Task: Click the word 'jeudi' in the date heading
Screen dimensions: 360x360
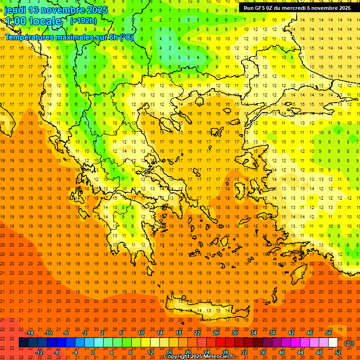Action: click(x=15, y=10)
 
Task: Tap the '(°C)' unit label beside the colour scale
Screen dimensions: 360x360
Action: click(x=349, y=343)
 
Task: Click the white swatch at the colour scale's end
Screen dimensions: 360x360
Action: click(x=333, y=343)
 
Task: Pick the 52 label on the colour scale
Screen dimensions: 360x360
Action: click(x=338, y=352)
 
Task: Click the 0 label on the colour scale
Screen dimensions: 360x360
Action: click(x=93, y=352)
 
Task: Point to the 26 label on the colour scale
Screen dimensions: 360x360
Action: click(x=216, y=333)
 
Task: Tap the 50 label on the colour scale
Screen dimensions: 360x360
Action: click(x=329, y=333)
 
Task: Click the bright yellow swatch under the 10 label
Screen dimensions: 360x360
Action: click(x=141, y=343)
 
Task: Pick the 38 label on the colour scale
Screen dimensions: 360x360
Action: click(x=272, y=333)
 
